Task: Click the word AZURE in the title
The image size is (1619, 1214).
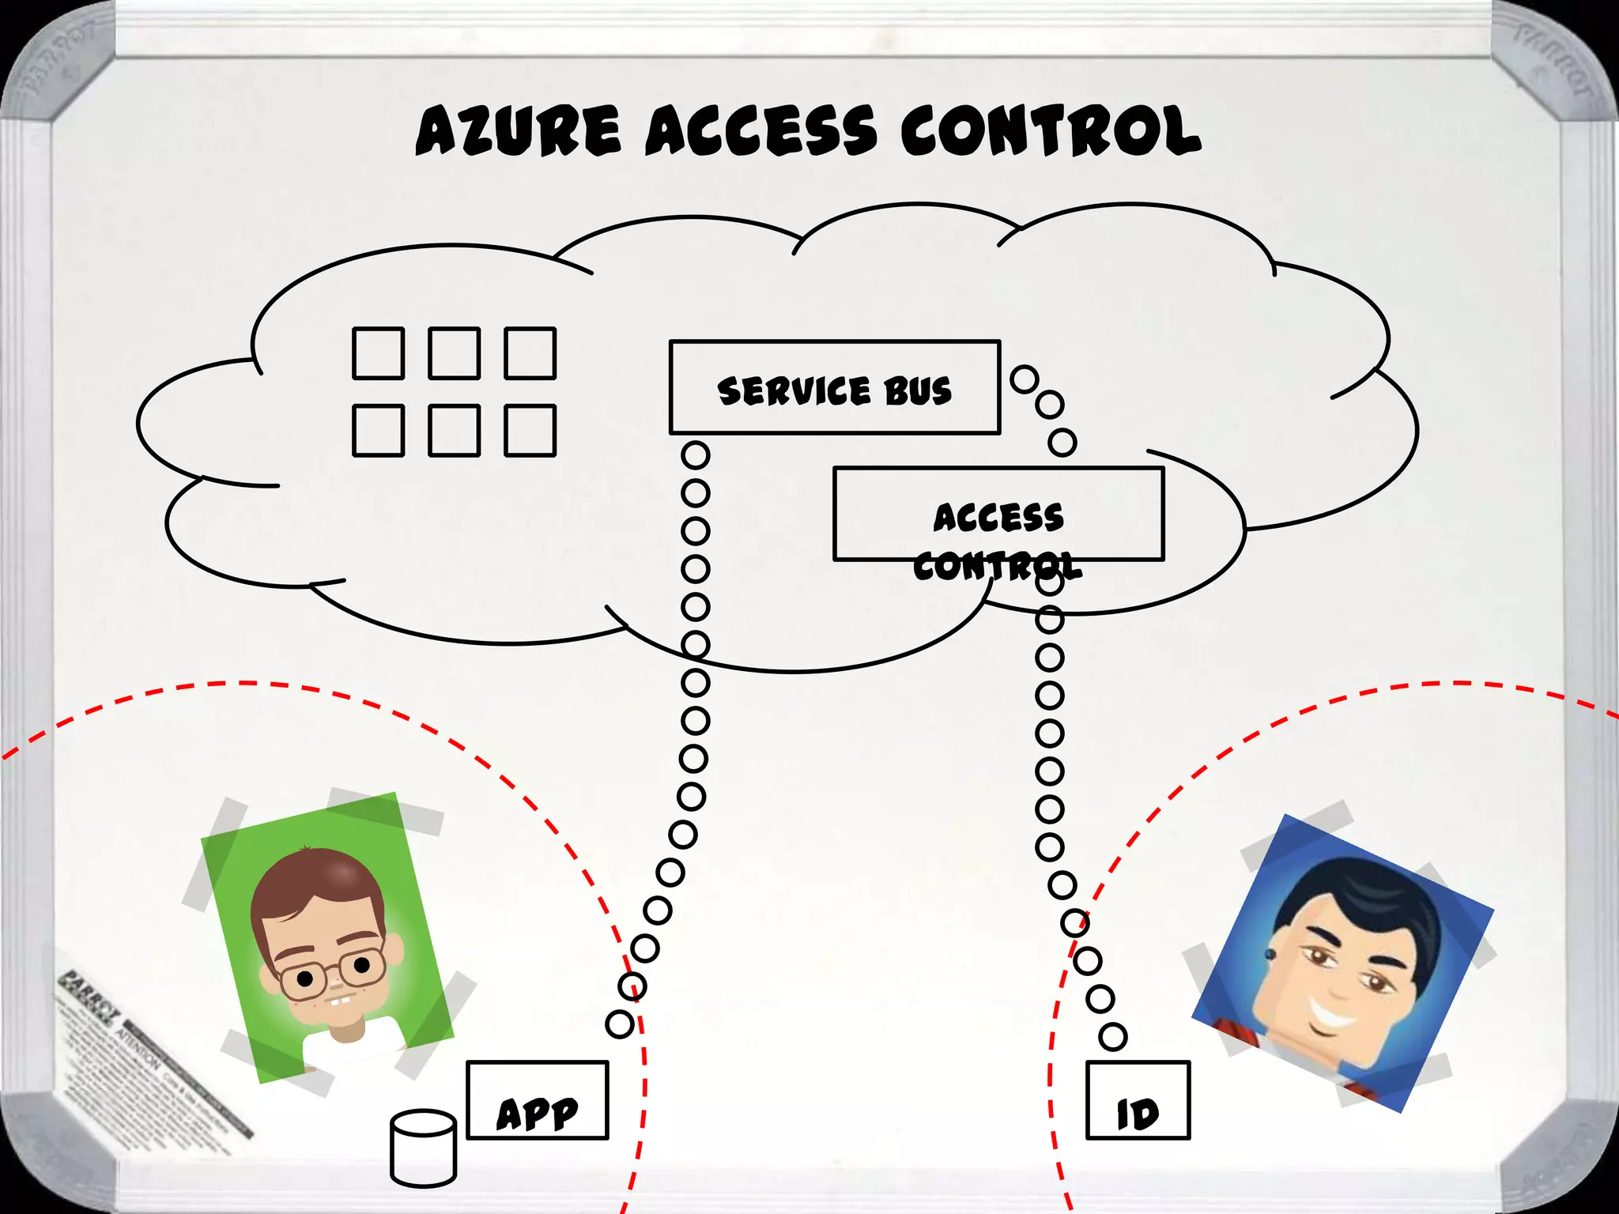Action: pos(518,130)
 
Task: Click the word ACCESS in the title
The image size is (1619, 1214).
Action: pos(760,130)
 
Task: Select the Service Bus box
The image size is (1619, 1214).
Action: pos(834,387)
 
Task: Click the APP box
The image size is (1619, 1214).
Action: pos(538,1100)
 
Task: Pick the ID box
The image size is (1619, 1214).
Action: pos(1138,1100)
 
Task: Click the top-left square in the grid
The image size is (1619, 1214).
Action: pos(378,353)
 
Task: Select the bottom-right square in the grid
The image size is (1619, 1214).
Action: pos(530,431)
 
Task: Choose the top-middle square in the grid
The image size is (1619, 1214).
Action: pos(454,353)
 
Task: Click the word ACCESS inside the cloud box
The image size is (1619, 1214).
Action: pos(998,518)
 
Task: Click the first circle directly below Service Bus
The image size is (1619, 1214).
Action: pos(696,455)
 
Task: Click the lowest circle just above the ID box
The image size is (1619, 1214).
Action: pos(1112,1036)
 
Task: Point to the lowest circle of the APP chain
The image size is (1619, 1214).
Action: pos(620,1024)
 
